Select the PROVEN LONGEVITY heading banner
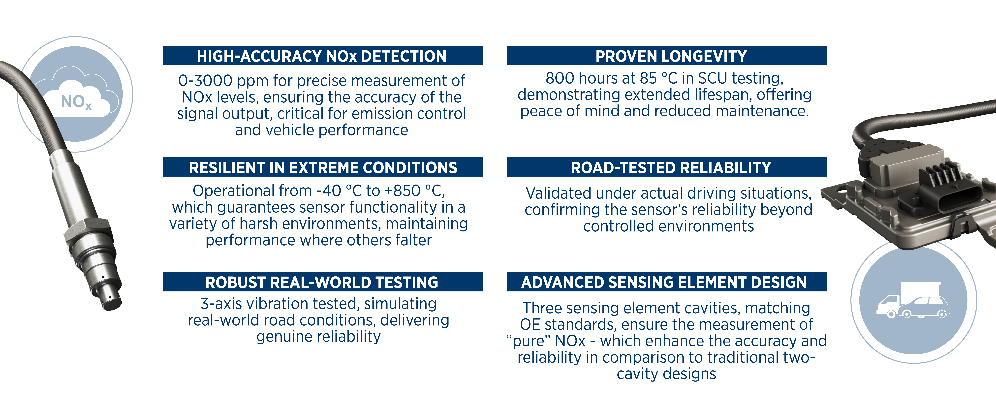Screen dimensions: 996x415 tap(667, 56)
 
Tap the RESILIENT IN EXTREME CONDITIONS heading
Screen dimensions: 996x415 tap(323, 167)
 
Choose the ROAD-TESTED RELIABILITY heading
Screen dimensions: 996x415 tap(671, 167)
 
